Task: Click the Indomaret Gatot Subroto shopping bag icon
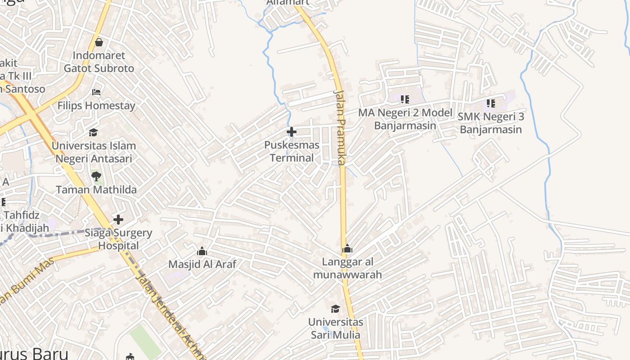click(99, 43)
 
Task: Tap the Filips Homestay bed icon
click(96, 92)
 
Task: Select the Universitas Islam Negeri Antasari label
click(94, 153)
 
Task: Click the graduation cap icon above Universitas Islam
click(93, 132)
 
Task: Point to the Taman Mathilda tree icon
click(96, 176)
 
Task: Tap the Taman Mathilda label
click(96, 189)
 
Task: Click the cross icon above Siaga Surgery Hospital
click(118, 220)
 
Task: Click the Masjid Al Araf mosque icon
click(202, 251)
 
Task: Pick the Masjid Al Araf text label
click(202, 264)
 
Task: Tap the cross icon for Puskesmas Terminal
click(292, 132)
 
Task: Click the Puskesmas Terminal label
click(292, 152)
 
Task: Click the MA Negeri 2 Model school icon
click(405, 99)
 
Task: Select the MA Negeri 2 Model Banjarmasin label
click(405, 119)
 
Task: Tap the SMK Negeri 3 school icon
click(490, 103)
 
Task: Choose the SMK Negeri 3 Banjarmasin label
click(490, 123)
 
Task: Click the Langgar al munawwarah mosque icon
click(347, 248)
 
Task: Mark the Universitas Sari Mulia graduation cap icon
click(335, 309)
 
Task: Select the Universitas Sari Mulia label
click(336, 328)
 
